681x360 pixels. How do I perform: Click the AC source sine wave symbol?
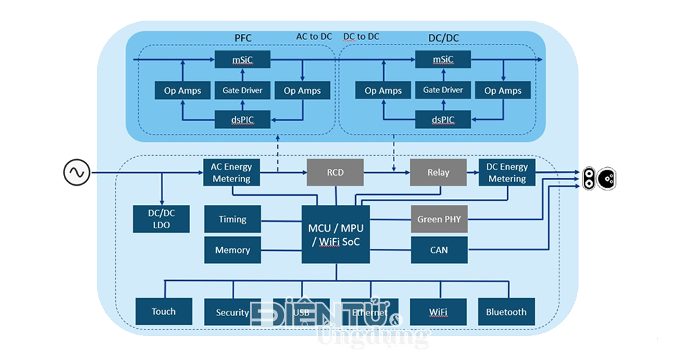(x=76, y=173)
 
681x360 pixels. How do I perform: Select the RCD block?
(x=335, y=172)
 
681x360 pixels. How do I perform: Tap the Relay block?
(x=438, y=172)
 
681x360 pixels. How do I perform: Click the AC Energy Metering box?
(x=231, y=172)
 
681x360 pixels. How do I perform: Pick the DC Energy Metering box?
(x=507, y=172)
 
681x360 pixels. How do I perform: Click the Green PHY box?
(x=438, y=219)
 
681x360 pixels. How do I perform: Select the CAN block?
(x=438, y=250)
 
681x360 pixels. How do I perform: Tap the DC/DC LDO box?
(x=162, y=219)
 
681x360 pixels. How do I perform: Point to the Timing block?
(x=232, y=219)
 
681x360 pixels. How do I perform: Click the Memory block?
(x=232, y=250)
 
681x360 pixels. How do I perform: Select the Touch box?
(x=164, y=311)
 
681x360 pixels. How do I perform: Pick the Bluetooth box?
(x=506, y=311)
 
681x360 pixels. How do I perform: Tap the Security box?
(x=233, y=311)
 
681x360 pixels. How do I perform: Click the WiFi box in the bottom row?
(x=438, y=311)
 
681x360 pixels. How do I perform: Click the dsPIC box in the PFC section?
(x=243, y=120)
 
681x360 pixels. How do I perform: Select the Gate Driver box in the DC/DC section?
(x=443, y=90)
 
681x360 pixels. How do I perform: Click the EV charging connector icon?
(x=599, y=178)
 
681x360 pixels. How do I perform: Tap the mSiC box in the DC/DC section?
(x=443, y=60)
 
